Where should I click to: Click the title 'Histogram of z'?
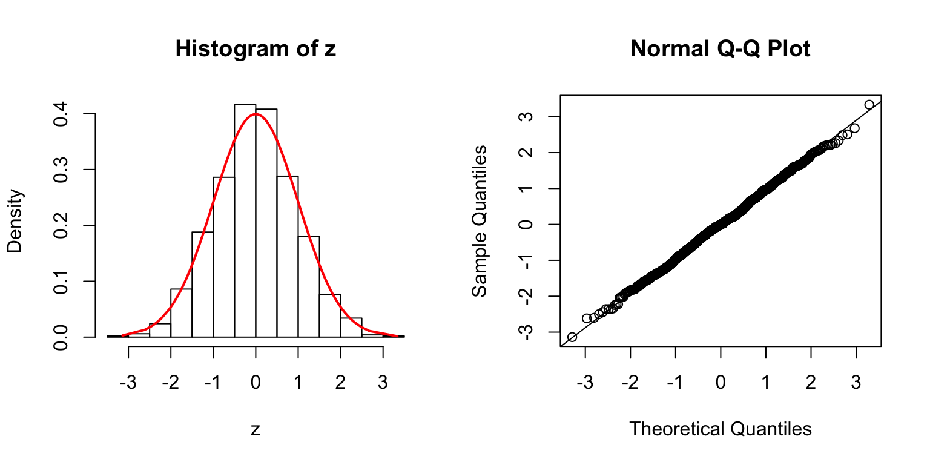[x=256, y=49]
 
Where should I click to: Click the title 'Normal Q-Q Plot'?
[x=721, y=49]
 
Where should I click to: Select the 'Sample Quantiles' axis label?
[x=480, y=220]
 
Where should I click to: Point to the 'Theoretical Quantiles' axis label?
[x=721, y=429]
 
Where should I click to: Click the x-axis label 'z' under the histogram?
[x=256, y=430]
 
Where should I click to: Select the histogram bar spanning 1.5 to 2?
[x=330, y=315]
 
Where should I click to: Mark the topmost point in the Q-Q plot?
[x=869, y=104]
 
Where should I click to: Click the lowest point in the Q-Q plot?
[x=572, y=337]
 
